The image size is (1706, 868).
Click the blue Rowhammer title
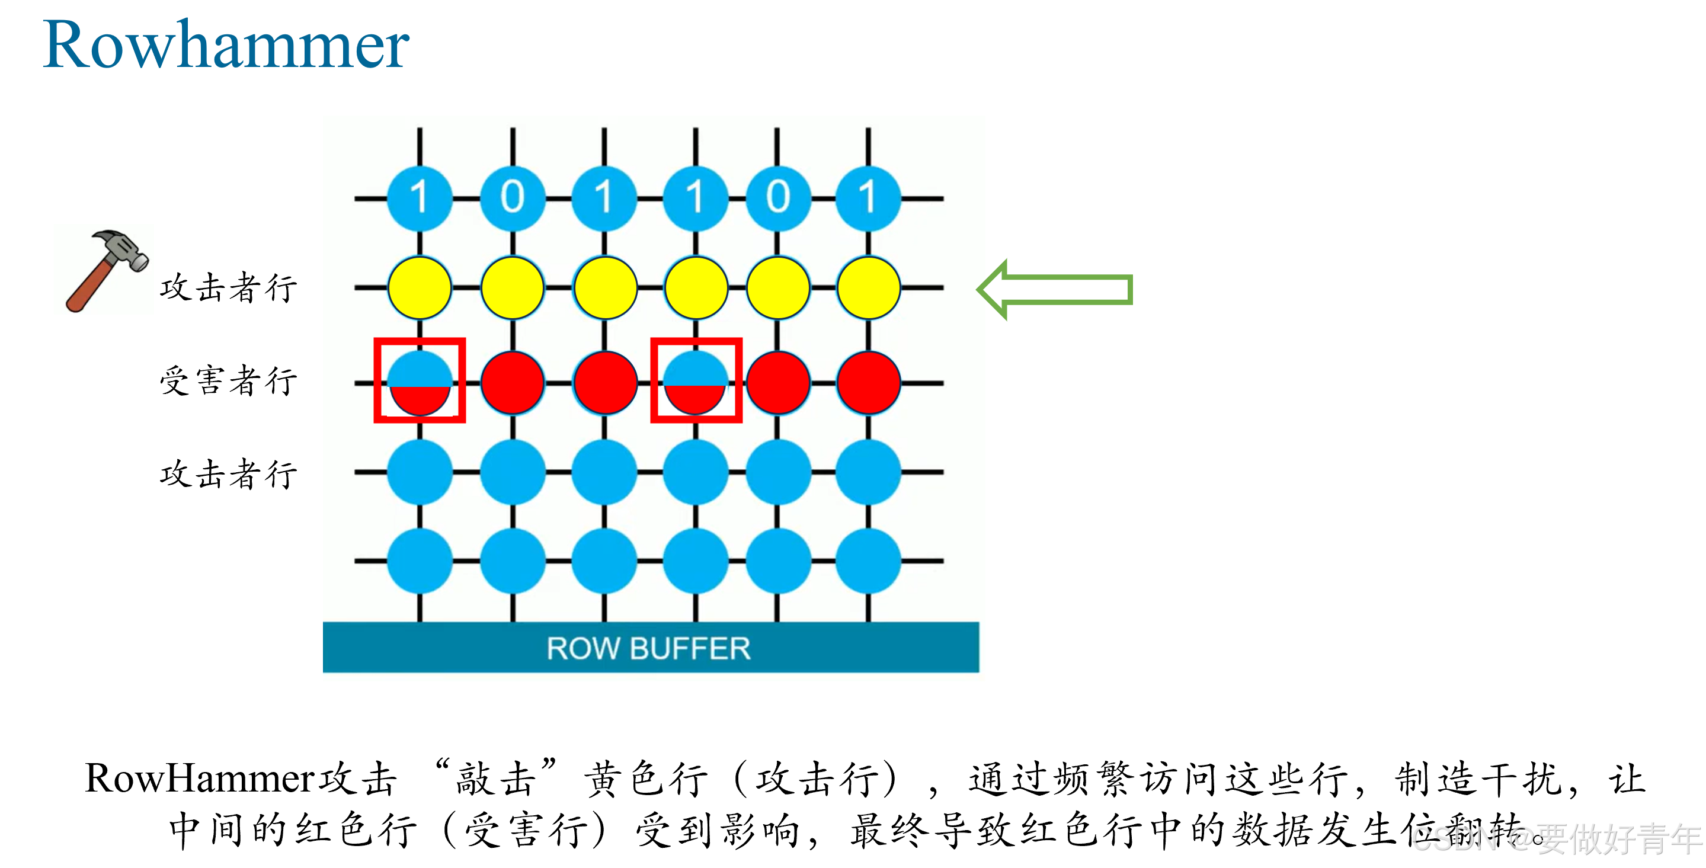[226, 45]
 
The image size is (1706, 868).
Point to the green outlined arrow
[1055, 289]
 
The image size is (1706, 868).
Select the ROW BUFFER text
[648, 648]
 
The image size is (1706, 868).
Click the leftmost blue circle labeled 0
[512, 197]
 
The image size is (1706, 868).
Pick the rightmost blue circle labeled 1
[868, 197]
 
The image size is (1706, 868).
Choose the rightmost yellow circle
[868, 288]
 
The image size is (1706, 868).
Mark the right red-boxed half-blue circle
[696, 382]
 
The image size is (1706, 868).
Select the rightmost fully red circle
[868, 383]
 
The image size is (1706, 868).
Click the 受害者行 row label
[229, 381]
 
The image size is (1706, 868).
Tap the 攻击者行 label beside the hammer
[229, 288]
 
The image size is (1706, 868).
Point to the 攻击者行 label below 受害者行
[229, 474]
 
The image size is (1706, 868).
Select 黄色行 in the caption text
[646, 779]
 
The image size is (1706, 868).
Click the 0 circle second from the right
[777, 197]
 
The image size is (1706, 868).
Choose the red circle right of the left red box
[512, 383]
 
